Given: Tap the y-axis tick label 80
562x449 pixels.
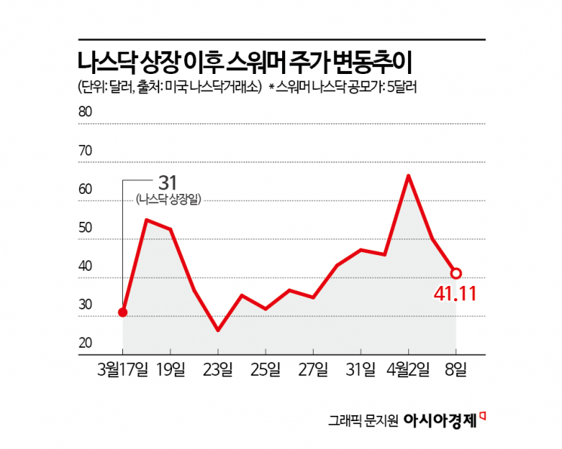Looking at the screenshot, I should [85, 112].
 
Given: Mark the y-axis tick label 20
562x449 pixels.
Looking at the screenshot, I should [85, 343].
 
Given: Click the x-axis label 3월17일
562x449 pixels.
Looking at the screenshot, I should [123, 369].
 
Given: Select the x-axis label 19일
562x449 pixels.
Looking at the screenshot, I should [170, 369].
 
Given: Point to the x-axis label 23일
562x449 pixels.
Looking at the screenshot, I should [218, 369].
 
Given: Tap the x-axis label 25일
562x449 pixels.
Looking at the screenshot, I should [266, 369].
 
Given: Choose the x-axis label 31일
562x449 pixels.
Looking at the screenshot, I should [361, 369].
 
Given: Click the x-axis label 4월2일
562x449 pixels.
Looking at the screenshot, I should [408, 369].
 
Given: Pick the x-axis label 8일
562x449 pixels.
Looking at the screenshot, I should [456, 369].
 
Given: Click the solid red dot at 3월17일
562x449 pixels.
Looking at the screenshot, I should [123, 312].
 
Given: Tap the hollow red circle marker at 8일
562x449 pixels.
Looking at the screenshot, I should [456, 273].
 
